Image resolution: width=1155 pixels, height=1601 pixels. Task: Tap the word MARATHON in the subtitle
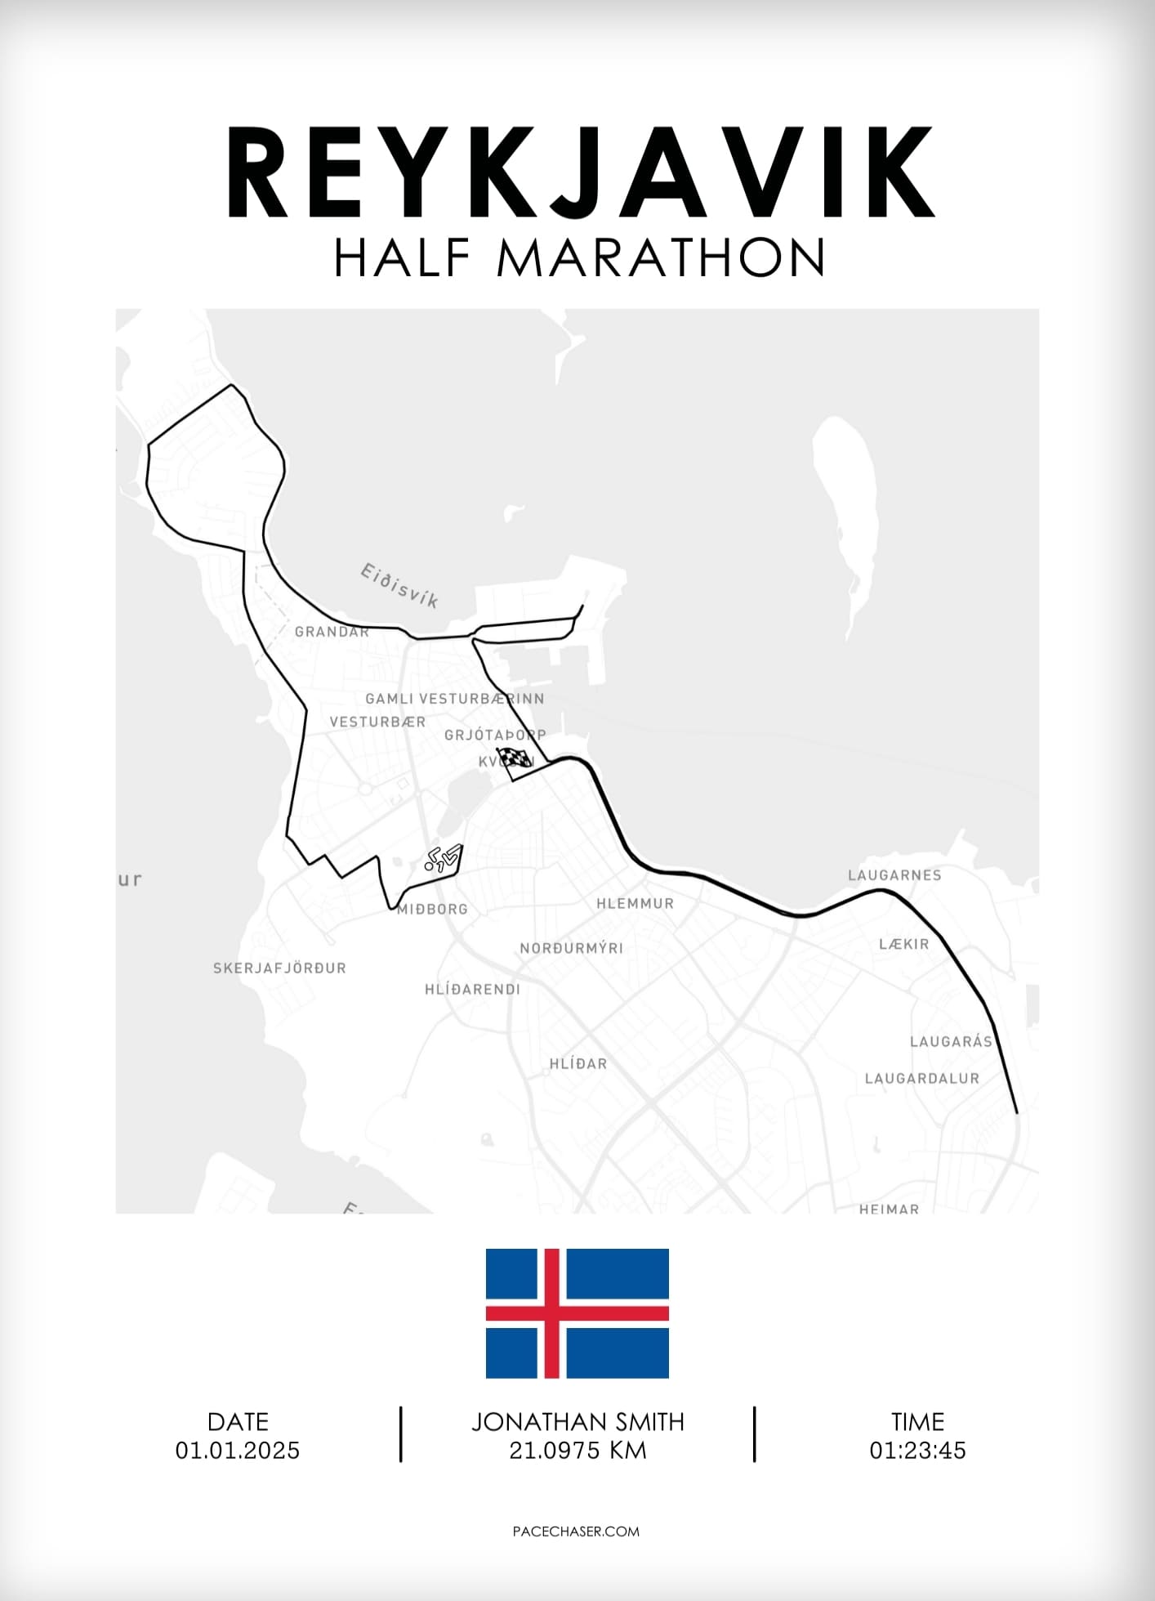click(661, 258)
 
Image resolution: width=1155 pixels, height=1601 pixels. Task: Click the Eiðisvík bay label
click(399, 585)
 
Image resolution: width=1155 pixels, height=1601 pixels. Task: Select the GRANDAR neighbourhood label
click(332, 632)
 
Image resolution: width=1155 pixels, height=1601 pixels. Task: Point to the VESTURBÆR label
click(377, 722)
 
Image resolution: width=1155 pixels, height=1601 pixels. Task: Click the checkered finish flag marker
click(513, 760)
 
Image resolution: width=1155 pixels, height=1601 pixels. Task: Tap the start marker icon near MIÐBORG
click(443, 858)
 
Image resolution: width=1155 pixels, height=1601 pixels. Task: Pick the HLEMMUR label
click(635, 903)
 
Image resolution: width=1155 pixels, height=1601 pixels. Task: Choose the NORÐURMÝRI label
click(571, 948)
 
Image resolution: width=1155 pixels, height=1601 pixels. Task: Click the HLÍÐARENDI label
click(472, 989)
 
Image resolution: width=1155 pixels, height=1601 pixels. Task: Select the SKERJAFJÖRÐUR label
click(279, 968)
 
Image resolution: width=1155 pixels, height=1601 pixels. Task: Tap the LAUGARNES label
click(894, 875)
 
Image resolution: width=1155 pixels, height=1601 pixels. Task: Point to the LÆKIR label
click(903, 944)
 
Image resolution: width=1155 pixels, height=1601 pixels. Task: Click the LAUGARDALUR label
click(921, 1078)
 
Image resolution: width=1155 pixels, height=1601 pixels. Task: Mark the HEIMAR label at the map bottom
click(889, 1208)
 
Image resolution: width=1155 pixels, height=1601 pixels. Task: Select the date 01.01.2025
click(238, 1451)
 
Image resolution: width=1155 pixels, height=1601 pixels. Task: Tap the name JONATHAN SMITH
click(577, 1422)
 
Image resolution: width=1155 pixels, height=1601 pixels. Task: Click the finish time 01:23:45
click(917, 1451)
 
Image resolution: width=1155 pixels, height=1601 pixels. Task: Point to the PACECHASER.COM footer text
click(576, 1532)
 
